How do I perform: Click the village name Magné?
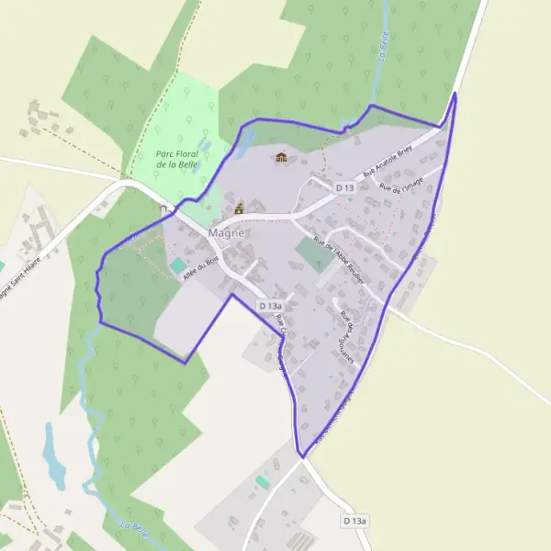227,233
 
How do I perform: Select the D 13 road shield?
344,187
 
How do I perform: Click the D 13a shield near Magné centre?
270,305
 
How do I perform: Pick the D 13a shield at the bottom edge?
354,521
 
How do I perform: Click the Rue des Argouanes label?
347,331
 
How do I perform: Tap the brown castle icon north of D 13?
281,158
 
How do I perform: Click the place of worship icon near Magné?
240,208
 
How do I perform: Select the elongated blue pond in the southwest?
53,456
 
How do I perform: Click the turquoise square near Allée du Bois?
176,265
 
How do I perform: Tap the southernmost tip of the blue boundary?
300,456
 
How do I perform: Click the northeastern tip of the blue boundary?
455,93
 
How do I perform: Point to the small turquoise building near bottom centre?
264,481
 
